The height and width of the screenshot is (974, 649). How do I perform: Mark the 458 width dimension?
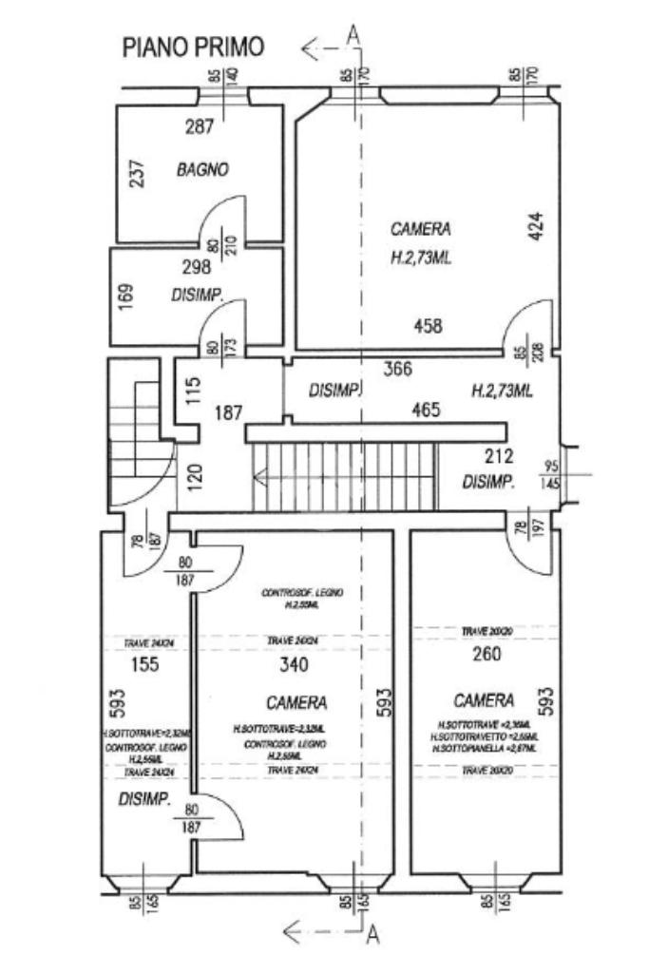[429, 326]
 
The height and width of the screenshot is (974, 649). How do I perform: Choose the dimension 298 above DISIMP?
[197, 267]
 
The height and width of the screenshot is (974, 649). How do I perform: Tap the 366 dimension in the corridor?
[397, 370]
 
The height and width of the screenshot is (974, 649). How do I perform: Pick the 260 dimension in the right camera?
[487, 654]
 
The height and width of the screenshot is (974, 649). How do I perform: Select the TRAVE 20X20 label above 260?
[487, 632]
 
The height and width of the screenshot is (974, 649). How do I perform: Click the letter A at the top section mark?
[354, 36]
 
